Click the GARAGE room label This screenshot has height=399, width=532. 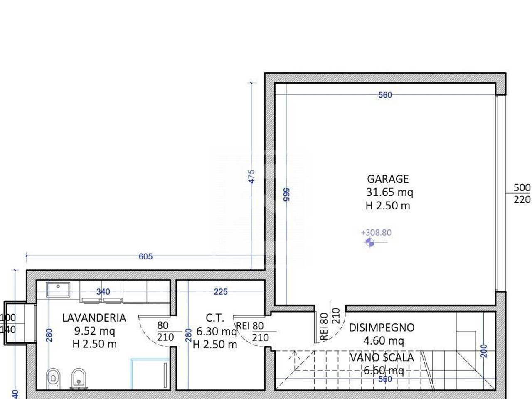(388, 179)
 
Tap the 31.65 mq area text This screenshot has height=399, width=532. (389, 192)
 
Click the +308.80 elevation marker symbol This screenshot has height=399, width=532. (369, 242)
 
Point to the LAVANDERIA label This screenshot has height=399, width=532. (94, 318)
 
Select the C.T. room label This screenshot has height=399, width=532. (215, 318)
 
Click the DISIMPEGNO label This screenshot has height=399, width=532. (382, 328)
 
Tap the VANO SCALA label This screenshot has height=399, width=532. (382, 357)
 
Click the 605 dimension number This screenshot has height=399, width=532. (145, 256)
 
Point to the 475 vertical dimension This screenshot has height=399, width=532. (252, 176)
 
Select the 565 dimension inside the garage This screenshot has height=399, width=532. (286, 195)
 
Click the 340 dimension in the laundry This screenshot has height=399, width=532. (103, 292)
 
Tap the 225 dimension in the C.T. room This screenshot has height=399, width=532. (221, 292)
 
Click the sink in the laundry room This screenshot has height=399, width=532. (58, 289)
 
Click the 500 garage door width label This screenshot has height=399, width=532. (522, 187)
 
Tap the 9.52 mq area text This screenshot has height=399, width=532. (94, 331)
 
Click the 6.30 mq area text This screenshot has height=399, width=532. (217, 331)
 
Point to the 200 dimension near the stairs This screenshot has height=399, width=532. (484, 351)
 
